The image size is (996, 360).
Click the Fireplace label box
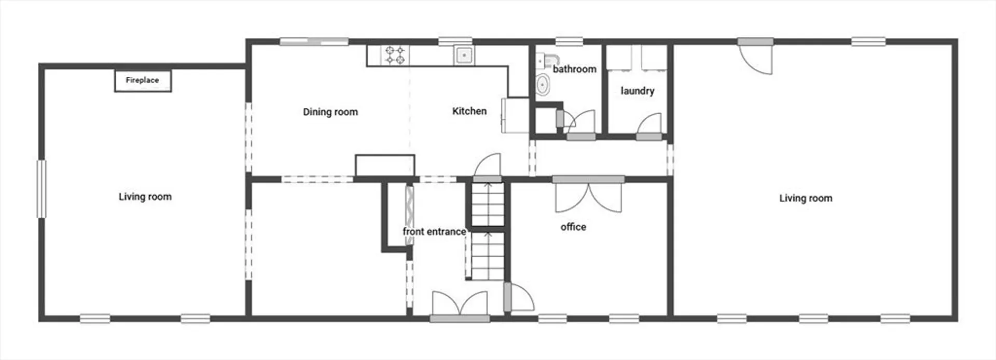click(143, 80)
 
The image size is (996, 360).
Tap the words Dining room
click(330, 112)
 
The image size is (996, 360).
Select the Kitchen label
click(469, 111)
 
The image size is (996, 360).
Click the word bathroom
click(574, 69)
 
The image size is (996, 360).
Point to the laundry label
click(638, 91)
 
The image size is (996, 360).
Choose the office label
click(573, 227)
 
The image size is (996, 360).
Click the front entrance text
click(434, 231)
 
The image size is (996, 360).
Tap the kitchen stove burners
click(395, 56)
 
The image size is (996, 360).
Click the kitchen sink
click(464, 55)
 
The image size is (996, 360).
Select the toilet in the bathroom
click(543, 85)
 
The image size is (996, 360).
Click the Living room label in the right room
click(806, 198)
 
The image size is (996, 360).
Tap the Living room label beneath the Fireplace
click(145, 197)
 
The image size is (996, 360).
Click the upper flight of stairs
click(488, 203)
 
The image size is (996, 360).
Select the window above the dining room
click(314, 41)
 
